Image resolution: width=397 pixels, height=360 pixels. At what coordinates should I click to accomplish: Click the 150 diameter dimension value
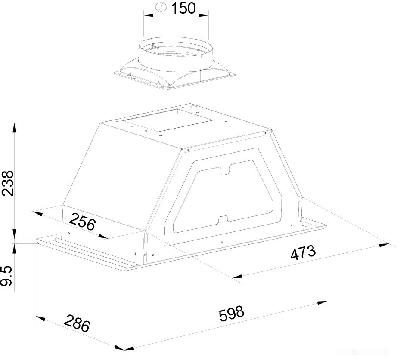(183, 8)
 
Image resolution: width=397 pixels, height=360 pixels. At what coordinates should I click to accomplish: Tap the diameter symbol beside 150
(161, 7)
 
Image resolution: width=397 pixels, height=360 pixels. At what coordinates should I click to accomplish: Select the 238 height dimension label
(7, 183)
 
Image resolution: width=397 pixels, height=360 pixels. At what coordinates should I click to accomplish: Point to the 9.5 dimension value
(7, 276)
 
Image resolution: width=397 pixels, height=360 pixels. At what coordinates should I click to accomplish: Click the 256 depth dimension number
(82, 222)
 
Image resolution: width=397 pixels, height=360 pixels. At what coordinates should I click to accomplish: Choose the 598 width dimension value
(231, 314)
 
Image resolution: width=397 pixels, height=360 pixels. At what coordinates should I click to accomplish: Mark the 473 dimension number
(303, 252)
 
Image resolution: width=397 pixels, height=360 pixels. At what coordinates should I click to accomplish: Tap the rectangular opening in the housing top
(167, 120)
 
